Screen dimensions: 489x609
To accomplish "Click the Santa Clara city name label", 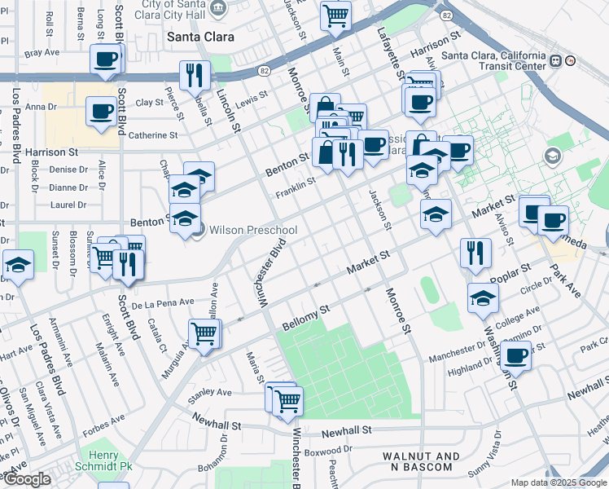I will [200, 37].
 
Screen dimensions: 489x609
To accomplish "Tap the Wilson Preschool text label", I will [253, 231].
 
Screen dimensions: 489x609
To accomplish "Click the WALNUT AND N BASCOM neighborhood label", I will [418, 461].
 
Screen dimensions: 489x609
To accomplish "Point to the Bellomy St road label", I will [305, 317].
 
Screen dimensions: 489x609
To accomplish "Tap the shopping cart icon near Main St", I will [335, 15].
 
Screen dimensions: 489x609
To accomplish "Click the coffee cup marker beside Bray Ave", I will [106, 58].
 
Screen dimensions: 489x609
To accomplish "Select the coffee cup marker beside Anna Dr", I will [102, 111].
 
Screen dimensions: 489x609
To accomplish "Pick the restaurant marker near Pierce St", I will [195, 75].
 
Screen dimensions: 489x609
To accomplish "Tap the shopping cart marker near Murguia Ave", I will [204, 333].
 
